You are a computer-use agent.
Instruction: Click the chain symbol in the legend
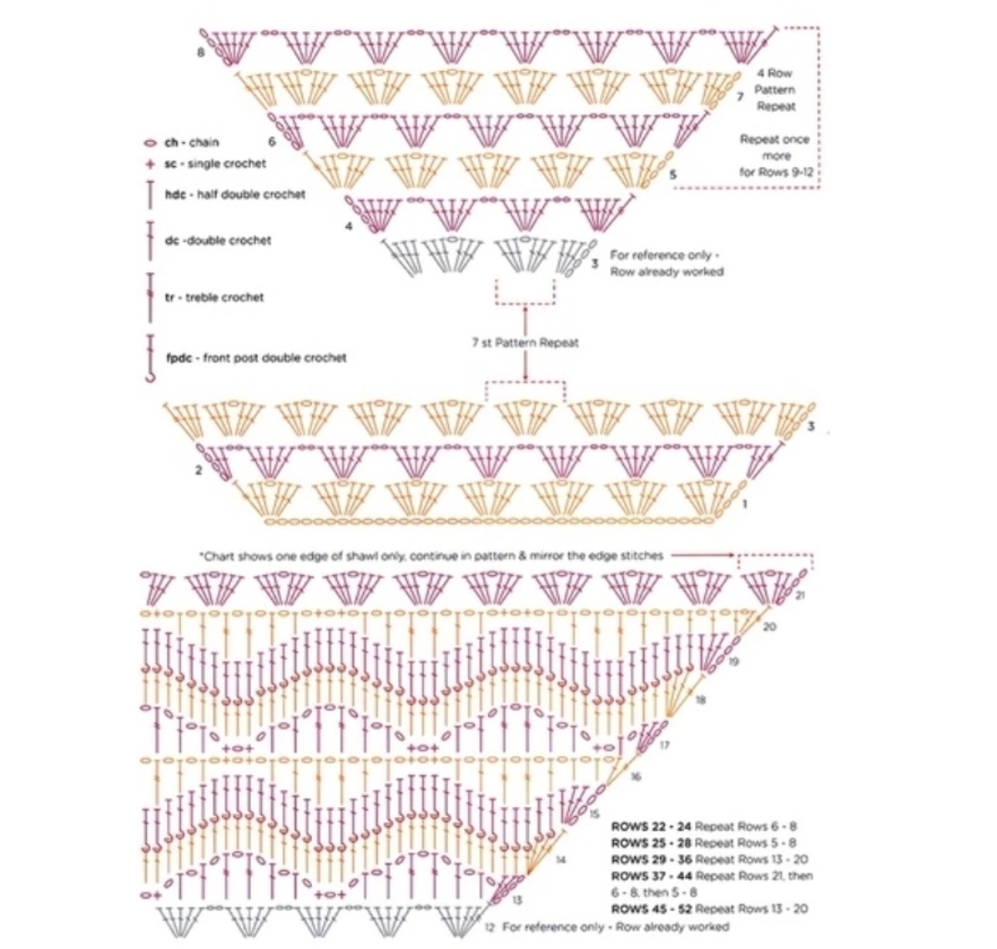(149, 144)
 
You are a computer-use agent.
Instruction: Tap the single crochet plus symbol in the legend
(149, 163)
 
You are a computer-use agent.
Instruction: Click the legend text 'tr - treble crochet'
(214, 297)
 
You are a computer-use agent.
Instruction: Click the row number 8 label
(200, 53)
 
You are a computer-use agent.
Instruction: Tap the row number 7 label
(740, 95)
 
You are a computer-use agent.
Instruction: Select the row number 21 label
(799, 595)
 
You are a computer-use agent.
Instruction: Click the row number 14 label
(561, 860)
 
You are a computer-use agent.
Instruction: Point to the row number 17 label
(664, 745)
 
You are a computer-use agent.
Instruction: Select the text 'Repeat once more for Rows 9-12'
(776, 155)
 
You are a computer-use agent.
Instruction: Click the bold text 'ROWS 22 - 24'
(651, 826)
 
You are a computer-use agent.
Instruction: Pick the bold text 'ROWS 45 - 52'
(651, 909)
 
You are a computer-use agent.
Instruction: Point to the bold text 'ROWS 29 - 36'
(651, 859)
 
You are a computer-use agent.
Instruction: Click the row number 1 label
(745, 505)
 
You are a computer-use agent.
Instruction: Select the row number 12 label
(489, 926)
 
